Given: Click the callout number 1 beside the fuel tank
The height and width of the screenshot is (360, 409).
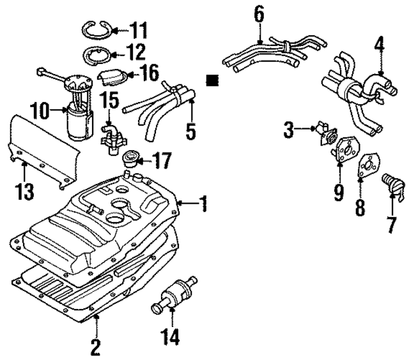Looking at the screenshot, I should [x=203, y=204].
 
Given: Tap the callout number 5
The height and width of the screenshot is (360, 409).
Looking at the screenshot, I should [x=190, y=131].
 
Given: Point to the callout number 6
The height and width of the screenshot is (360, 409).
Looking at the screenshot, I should [x=259, y=12].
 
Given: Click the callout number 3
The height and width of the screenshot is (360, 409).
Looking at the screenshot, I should [x=289, y=131].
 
